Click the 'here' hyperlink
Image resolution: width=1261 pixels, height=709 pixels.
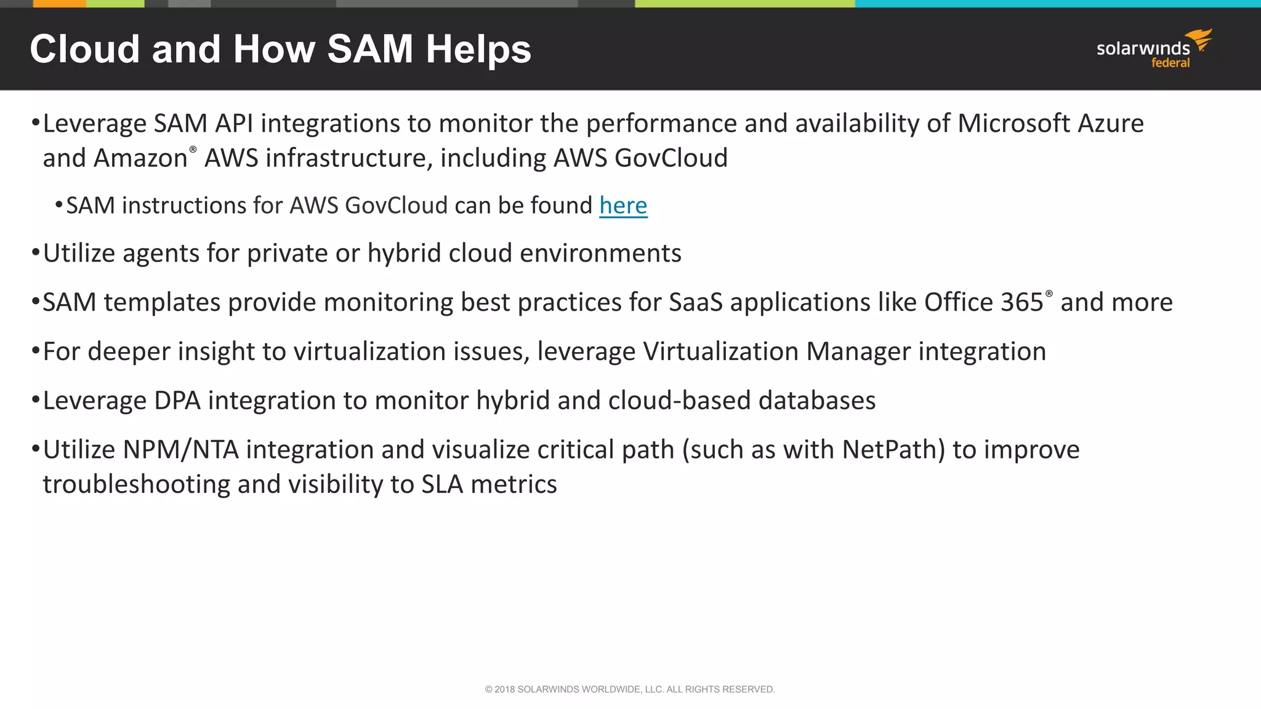click(x=623, y=206)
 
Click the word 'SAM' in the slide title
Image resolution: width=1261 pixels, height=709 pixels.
click(x=369, y=49)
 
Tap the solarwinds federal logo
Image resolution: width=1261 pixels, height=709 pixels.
click(x=1154, y=49)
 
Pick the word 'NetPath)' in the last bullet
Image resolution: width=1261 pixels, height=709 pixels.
click(x=893, y=450)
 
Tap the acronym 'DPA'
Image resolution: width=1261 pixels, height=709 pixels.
click(x=177, y=401)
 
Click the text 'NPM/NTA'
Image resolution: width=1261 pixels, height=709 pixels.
click(x=180, y=450)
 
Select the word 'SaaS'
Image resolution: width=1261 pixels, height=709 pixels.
click(x=695, y=302)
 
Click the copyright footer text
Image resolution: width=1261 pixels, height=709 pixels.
click(x=630, y=689)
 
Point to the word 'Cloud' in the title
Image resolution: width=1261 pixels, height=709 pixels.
click(x=85, y=49)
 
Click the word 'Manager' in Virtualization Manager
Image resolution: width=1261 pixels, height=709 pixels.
click(x=858, y=351)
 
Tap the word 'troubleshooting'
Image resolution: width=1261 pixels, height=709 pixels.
click(x=136, y=484)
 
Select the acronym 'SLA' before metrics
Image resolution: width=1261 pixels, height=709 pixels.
click(x=441, y=484)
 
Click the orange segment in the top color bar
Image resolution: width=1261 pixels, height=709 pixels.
click(x=59, y=4)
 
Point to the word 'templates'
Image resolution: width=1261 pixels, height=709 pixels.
click(x=162, y=302)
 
